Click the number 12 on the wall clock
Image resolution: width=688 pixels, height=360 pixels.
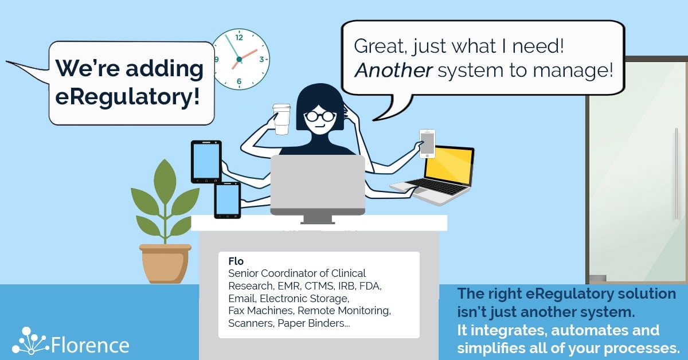[x=239, y=37]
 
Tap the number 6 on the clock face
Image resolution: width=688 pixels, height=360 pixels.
[x=239, y=81]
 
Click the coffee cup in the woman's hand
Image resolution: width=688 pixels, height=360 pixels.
[x=282, y=119]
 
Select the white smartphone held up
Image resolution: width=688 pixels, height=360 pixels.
[x=427, y=143]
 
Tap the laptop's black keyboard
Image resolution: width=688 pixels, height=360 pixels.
[x=437, y=186]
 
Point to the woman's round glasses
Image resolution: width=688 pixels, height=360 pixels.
[x=320, y=116]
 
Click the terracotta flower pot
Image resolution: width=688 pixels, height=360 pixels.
[x=165, y=264]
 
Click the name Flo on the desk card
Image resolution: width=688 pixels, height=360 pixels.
[x=236, y=261]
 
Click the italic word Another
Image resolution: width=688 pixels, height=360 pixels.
[x=393, y=70]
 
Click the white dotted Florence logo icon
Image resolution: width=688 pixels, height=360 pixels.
[x=30, y=341]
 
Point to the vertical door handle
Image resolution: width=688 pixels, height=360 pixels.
[x=676, y=174]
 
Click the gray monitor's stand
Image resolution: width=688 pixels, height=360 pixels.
[x=318, y=220]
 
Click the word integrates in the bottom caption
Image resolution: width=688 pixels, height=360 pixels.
[x=509, y=331]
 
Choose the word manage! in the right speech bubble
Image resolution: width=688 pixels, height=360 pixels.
[x=573, y=71]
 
